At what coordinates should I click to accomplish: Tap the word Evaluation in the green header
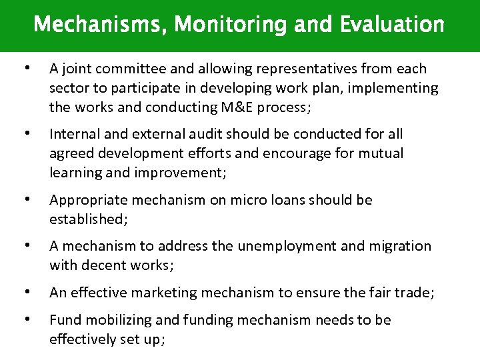393,25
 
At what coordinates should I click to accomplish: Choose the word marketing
175,293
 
